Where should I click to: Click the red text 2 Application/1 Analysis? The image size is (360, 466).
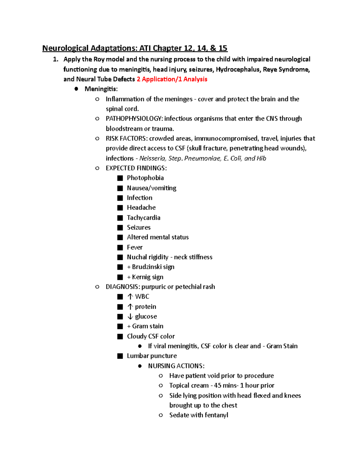172,79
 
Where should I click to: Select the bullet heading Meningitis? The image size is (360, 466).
101,89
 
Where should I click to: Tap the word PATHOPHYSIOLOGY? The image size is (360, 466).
134,119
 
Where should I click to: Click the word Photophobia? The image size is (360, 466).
145,178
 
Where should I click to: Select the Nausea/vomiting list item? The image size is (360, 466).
151,188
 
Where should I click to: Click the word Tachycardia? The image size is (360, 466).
143,218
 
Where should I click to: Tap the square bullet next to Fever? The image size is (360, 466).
120,248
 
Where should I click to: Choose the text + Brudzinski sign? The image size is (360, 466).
151,267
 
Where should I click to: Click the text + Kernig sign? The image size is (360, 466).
145,277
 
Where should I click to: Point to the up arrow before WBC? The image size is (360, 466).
130,297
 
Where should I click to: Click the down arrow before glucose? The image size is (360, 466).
130,317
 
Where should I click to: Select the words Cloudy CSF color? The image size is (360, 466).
151,336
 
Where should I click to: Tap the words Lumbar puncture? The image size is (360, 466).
152,356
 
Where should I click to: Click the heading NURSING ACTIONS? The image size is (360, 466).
176,366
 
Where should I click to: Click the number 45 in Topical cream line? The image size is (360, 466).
217,386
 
